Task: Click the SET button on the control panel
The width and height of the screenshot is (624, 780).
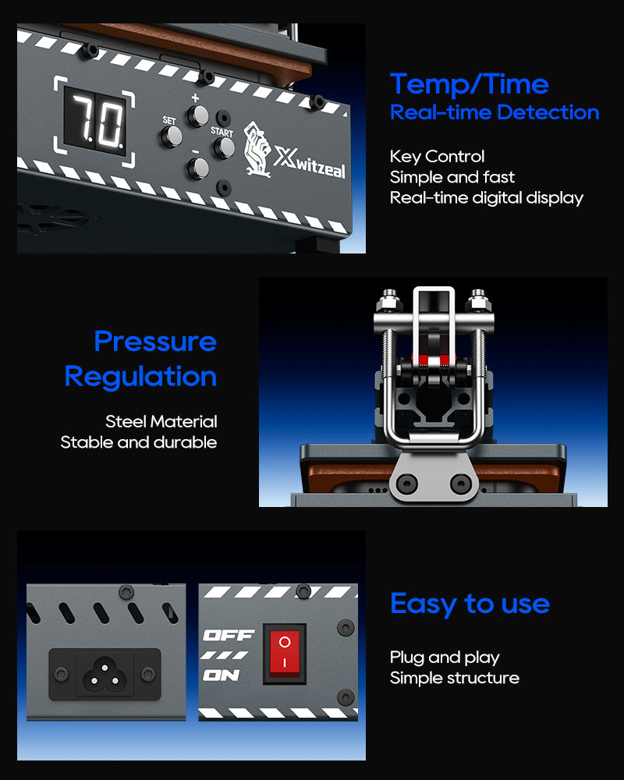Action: (x=172, y=136)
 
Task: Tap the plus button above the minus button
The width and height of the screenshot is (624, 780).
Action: (x=198, y=116)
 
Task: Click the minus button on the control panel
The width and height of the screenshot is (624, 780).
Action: (x=198, y=168)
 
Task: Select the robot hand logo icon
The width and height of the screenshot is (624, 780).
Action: (x=257, y=150)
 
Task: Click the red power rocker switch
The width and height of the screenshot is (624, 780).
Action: (x=284, y=653)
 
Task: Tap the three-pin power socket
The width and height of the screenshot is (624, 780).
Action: (x=105, y=674)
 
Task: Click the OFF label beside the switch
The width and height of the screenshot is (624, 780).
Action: (x=229, y=635)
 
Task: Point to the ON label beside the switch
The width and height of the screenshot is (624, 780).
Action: (x=222, y=675)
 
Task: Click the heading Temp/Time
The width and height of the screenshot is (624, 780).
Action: (x=470, y=84)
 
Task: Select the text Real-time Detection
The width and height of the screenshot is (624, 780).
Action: (x=494, y=112)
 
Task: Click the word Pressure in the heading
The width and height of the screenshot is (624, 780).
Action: (x=155, y=342)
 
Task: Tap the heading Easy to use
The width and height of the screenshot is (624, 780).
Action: (x=470, y=604)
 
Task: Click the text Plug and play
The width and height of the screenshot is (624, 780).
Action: (x=445, y=658)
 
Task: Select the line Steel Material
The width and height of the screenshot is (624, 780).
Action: (x=161, y=422)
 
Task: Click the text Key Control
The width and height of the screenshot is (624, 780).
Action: (x=437, y=157)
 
